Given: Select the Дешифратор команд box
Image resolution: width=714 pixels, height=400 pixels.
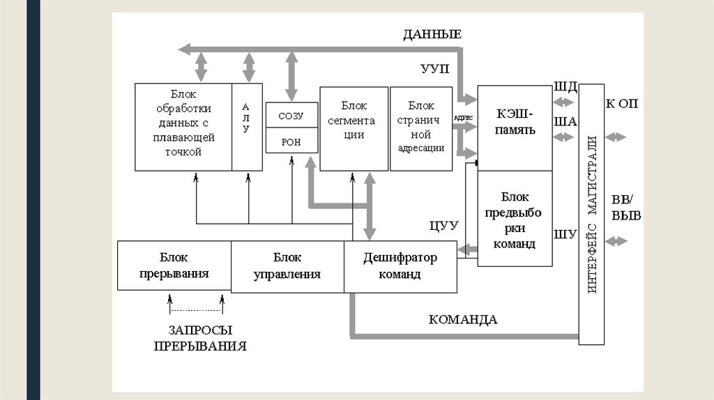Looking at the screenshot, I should pyautogui.click(x=400, y=266).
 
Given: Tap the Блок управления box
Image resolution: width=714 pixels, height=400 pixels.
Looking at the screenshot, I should pyautogui.click(x=287, y=266).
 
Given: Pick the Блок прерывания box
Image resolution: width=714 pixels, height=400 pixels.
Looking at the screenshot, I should pyautogui.click(x=174, y=266).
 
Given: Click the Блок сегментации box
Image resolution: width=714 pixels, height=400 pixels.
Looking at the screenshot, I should pyautogui.click(x=354, y=128).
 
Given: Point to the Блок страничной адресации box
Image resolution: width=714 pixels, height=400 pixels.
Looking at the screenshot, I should pyautogui.click(x=421, y=128).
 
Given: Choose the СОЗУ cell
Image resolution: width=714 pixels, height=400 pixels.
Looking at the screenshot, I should pyautogui.click(x=291, y=115).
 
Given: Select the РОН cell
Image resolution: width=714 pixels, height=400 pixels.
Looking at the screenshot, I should pyautogui.click(x=291, y=141).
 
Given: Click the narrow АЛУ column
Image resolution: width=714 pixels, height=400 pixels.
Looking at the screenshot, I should pyautogui.click(x=247, y=127).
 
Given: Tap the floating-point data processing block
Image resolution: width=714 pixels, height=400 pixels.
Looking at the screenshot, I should pyautogui.click(x=183, y=127).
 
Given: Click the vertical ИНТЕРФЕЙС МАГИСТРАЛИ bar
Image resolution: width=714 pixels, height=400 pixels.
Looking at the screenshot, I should pyautogui.click(x=591, y=214).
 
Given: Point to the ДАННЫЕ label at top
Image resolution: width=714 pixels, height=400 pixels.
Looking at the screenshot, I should pyautogui.click(x=432, y=34).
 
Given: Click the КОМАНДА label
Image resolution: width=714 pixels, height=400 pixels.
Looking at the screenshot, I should pyautogui.click(x=462, y=320).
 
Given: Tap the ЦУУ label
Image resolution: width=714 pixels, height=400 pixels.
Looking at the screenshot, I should pyautogui.click(x=443, y=225).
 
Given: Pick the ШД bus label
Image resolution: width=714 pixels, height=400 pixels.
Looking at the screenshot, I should pyautogui.click(x=565, y=87).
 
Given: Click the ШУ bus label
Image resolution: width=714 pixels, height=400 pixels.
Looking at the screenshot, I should pyautogui.click(x=564, y=234).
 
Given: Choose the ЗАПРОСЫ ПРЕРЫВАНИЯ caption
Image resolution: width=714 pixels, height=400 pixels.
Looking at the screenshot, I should pyautogui.click(x=200, y=338).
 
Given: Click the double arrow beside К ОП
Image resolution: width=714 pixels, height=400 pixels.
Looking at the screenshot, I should pyautogui.click(x=616, y=137).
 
